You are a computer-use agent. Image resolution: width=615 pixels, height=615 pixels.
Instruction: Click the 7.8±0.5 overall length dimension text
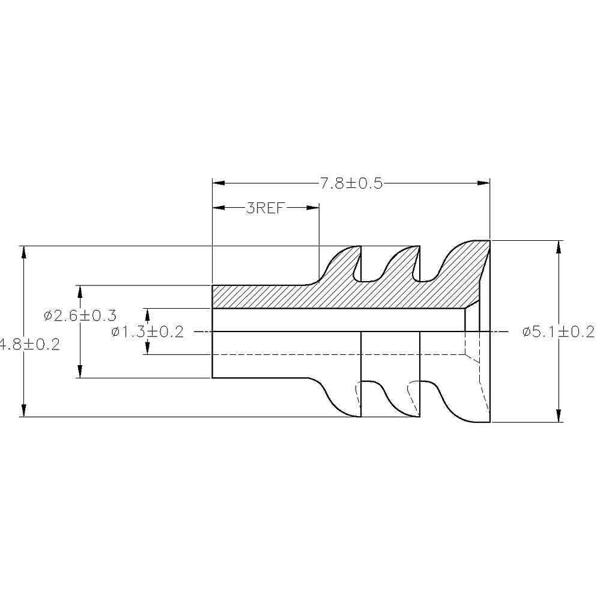[351, 184]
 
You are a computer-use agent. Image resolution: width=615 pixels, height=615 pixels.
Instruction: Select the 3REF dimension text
[265, 208]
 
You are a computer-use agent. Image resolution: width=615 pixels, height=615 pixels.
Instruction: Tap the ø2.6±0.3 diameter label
[80, 315]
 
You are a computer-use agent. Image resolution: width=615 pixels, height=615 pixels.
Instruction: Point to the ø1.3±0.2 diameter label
[147, 332]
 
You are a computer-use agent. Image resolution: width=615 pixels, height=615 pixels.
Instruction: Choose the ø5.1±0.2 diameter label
[559, 332]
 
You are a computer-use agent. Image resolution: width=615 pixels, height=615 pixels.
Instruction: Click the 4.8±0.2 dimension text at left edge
[29, 345]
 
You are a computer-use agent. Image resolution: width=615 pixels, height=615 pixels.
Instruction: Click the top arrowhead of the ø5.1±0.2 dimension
[559, 247]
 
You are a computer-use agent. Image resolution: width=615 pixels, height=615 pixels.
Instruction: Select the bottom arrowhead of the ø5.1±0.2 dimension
[559, 416]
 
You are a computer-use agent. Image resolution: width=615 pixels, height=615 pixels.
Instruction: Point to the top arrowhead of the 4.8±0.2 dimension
[23, 252]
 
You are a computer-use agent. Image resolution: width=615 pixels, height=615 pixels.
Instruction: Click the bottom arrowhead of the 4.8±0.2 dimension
[23, 410]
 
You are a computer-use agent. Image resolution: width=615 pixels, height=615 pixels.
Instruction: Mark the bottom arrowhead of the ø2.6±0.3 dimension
[79, 372]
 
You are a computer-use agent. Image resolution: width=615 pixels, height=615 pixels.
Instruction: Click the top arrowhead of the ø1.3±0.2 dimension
[146, 315]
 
